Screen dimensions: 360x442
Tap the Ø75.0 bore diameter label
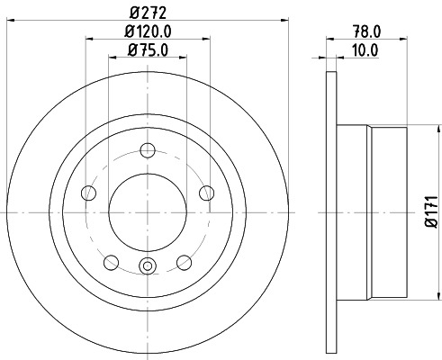pos(148,51)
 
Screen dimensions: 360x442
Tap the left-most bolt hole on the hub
pos(88,193)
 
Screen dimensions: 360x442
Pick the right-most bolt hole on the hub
pos(207,193)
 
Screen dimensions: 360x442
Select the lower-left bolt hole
pos(112,261)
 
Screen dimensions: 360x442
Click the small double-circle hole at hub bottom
pos(148,265)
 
